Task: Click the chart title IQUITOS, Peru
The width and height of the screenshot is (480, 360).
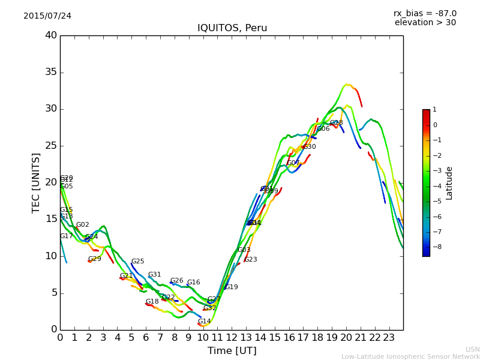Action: tap(232, 28)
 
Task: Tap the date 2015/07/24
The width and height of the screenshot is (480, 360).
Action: tap(47, 16)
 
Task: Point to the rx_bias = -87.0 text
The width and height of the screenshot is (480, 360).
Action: tap(425, 13)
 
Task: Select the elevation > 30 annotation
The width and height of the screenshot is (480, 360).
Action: tap(425, 23)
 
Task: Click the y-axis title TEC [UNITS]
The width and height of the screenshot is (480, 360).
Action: tap(36, 182)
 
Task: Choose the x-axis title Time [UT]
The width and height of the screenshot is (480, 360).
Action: tap(232, 350)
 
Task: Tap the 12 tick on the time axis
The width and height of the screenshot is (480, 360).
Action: tap(232, 337)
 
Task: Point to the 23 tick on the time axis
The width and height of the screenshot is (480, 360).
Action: tap(389, 337)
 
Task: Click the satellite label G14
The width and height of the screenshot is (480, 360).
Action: tap(205, 322)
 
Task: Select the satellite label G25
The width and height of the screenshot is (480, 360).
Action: tap(138, 262)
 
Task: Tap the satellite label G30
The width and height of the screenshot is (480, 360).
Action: tap(309, 147)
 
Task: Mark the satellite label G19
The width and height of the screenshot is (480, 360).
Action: tap(232, 287)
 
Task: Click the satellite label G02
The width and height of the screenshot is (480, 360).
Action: tap(83, 225)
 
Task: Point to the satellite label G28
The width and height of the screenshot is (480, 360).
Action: tap(337, 123)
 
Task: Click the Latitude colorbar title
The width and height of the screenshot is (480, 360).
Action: tap(449, 183)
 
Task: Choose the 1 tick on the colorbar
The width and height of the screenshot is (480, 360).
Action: tap(434, 110)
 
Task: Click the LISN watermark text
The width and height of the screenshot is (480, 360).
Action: tap(472, 349)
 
